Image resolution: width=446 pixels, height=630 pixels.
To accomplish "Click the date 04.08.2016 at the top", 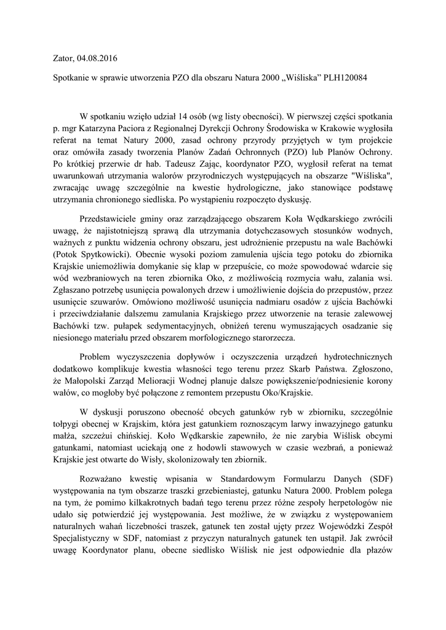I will point(97,59).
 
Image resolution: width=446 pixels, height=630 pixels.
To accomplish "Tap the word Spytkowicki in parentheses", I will point(107,257).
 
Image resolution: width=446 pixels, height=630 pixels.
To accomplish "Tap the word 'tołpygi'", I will point(67,423).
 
